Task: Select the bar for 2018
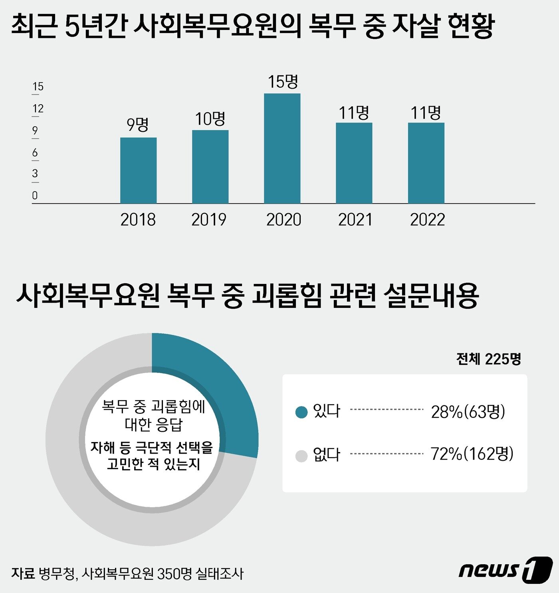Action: [x=138, y=171]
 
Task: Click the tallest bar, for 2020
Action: [x=282, y=149]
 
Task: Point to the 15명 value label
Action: [x=283, y=82]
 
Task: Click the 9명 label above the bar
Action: [x=138, y=125]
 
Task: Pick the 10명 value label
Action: [x=210, y=118]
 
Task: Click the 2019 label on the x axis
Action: [x=209, y=220]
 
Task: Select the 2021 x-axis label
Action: [x=355, y=220]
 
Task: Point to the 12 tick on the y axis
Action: [x=38, y=109]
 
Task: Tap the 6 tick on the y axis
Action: [x=35, y=153]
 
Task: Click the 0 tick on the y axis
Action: [x=35, y=196]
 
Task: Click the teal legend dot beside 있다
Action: [x=301, y=412]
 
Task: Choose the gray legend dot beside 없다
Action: [x=301, y=456]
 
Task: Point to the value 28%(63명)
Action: [x=468, y=412]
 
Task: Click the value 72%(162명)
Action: [x=472, y=454]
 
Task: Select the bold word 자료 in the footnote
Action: [x=23, y=574]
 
